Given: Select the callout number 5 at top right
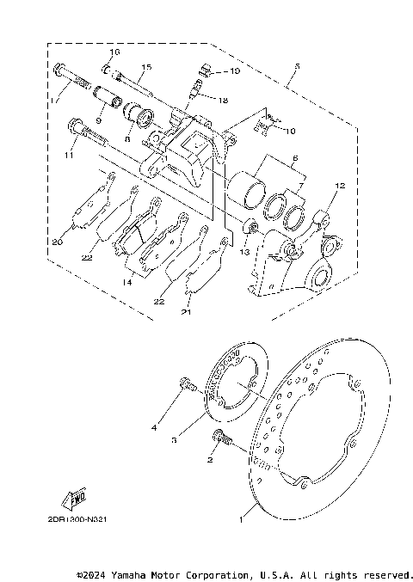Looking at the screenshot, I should coord(296,66).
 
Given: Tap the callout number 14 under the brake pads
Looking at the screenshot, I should coord(126,281).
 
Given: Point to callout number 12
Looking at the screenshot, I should coord(339,186).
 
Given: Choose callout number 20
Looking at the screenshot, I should coord(57,242).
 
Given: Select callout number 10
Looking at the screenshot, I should coord(289,131).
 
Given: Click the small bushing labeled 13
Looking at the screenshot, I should coord(250,228).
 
